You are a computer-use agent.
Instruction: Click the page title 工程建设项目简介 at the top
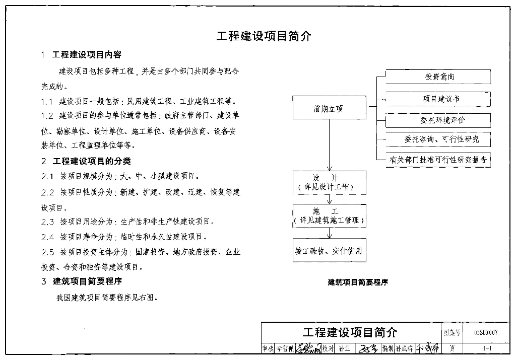(x=264, y=36)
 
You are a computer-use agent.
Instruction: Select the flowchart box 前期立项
(x=329, y=108)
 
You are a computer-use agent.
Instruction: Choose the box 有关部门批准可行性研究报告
(x=438, y=160)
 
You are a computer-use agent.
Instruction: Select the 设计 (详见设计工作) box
(x=330, y=183)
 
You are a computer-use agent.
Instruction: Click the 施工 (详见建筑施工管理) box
(x=330, y=215)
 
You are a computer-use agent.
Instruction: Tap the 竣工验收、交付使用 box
(x=330, y=250)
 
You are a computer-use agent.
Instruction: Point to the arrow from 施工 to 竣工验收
(x=330, y=233)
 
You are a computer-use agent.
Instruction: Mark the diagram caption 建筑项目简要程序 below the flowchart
(x=358, y=282)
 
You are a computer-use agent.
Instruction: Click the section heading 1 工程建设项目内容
(x=82, y=54)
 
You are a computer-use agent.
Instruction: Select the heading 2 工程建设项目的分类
(x=86, y=161)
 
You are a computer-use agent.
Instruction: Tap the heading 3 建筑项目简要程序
(x=82, y=281)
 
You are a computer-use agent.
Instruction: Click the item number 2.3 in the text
(x=48, y=222)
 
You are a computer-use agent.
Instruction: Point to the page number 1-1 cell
(x=486, y=348)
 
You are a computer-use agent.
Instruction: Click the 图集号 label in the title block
(x=451, y=333)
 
